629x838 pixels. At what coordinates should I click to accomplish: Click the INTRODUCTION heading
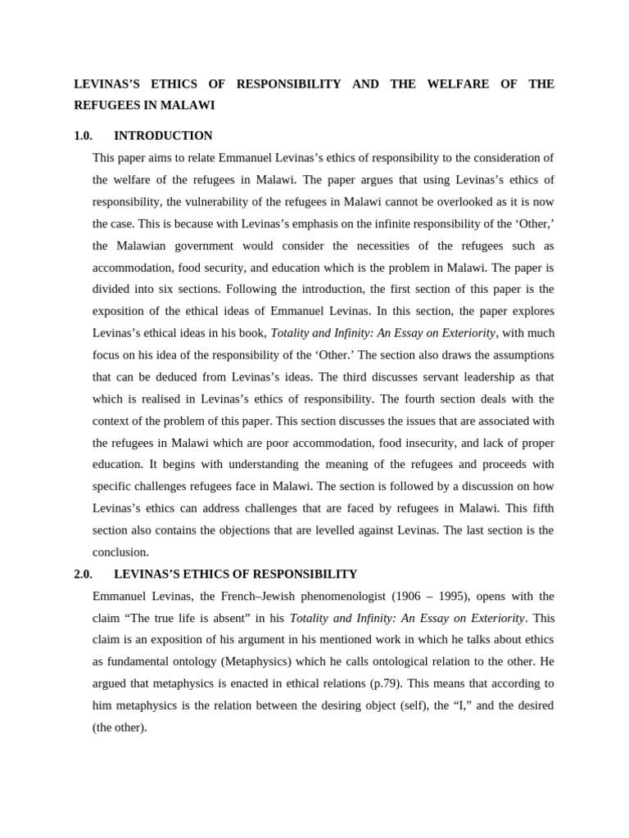(x=163, y=136)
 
